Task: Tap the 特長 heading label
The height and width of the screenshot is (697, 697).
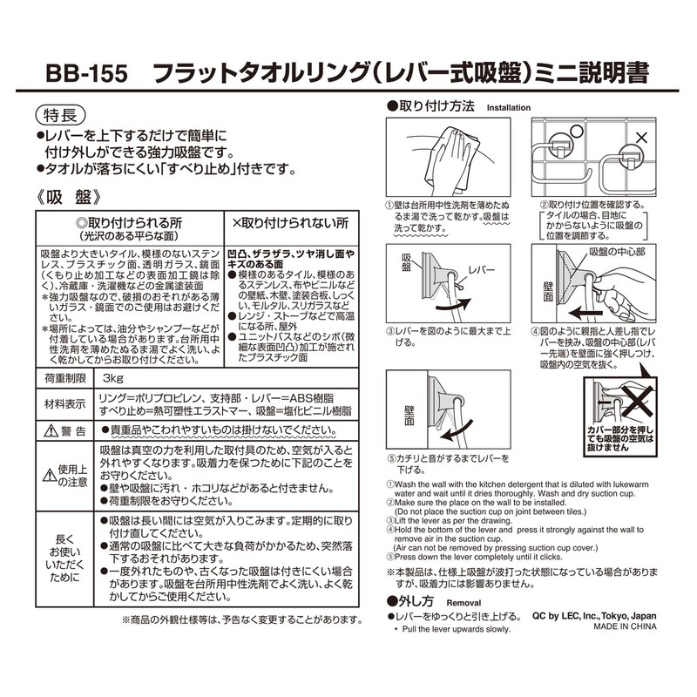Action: tap(61, 114)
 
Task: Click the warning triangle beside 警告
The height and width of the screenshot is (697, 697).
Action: tap(48, 431)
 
